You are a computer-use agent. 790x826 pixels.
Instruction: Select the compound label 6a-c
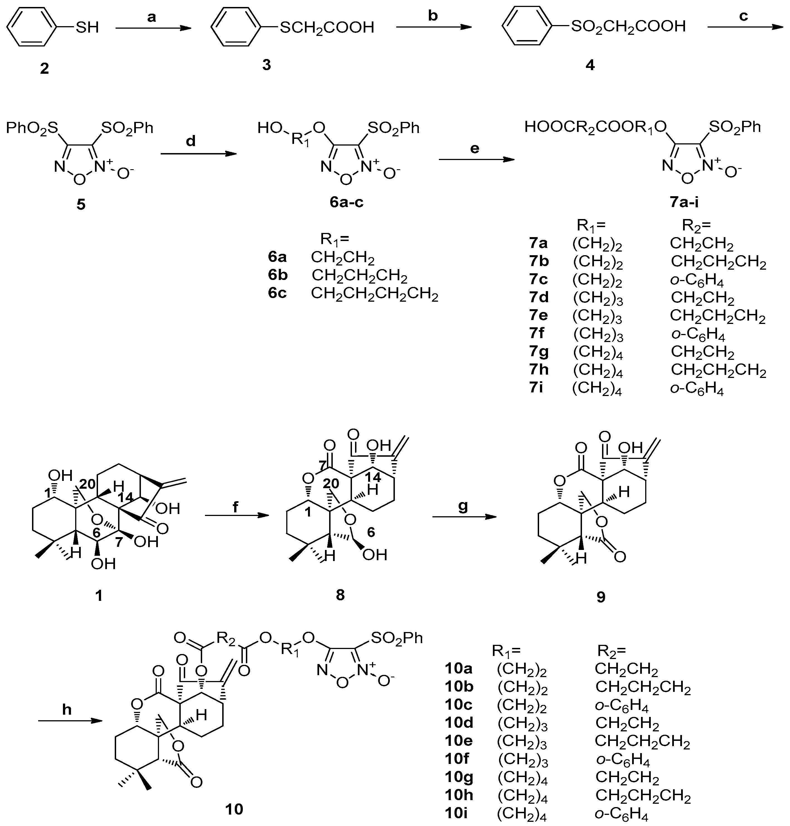click(x=346, y=202)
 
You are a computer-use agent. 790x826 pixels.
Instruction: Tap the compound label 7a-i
click(x=684, y=203)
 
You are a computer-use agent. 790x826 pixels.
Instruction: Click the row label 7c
click(x=539, y=279)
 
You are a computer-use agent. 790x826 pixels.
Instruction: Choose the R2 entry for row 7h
click(x=718, y=370)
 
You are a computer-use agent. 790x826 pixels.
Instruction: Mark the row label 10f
click(x=457, y=758)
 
